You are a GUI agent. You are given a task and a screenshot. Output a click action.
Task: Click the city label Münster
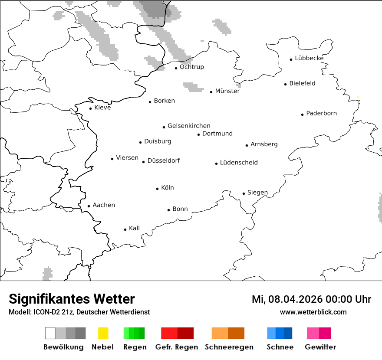(x=227, y=91)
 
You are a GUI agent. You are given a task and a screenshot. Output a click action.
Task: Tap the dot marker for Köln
(x=157, y=189)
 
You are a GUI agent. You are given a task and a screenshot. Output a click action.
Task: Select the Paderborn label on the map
(x=321, y=113)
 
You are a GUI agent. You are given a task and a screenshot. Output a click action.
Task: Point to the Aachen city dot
(x=89, y=206)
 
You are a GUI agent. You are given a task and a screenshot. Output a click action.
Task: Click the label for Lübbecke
(x=309, y=58)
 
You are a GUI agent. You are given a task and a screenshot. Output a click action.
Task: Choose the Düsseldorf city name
(x=163, y=160)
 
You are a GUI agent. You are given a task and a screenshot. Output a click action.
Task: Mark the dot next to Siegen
(x=244, y=194)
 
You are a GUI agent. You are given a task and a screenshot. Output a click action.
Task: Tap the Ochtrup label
(x=191, y=67)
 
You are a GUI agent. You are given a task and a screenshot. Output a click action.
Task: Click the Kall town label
(x=134, y=228)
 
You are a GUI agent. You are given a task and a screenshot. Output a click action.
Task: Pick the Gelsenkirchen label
(x=189, y=126)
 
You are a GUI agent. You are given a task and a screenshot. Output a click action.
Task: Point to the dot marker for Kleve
(x=90, y=108)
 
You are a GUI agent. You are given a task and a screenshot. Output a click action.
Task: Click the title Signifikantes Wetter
(x=72, y=299)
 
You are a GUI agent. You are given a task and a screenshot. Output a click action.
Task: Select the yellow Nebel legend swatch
(x=103, y=333)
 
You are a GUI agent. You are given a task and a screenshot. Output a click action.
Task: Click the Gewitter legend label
(x=320, y=347)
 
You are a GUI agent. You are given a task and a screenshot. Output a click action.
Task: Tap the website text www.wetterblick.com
(x=313, y=312)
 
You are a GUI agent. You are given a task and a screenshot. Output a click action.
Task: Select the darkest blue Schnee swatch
(x=288, y=333)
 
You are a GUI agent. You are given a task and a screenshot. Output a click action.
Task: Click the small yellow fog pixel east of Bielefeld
(x=357, y=97)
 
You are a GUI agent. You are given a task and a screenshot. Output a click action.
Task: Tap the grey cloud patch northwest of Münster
(x=193, y=87)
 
